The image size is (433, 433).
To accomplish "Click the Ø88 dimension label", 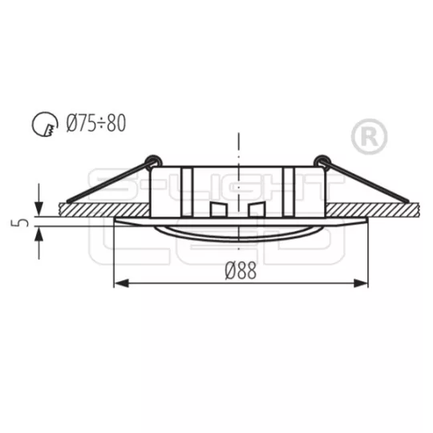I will [x=241, y=273].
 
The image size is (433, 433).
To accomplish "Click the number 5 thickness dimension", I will [x=24, y=219].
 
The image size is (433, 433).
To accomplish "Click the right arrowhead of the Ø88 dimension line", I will [x=362, y=282].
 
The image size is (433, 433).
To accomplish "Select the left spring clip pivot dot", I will [x=149, y=160].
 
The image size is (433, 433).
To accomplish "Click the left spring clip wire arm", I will [x=104, y=182].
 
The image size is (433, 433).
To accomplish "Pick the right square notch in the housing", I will [x=256, y=209].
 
